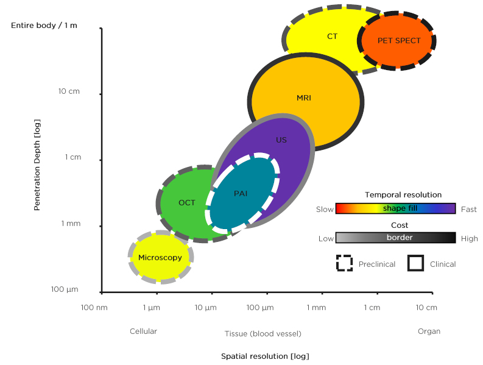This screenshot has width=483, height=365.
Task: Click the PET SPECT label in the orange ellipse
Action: pos(399,41)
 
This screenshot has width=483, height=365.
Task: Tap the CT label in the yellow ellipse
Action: pos(332,37)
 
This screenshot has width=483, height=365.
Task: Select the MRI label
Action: pos(303,97)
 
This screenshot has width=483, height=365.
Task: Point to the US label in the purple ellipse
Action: pos(281,140)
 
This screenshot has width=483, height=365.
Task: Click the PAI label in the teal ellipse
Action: pos(241,193)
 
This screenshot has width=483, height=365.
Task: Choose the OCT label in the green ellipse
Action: pos(187,203)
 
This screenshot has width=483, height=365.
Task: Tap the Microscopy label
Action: pos(160,258)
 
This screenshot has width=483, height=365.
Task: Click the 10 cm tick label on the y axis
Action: pos(69,92)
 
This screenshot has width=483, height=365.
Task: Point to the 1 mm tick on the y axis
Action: pos(71,224)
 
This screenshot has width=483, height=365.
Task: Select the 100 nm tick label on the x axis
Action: pos(94,308)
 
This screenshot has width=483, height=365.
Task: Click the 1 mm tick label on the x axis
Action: pos(316,308)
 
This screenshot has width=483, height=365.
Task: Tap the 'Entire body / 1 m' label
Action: pos(44,26)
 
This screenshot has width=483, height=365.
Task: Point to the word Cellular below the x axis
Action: pos(143,331)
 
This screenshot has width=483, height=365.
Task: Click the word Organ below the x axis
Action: pos(429,331)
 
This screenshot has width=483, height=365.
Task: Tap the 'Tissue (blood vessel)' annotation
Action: pos(263,334)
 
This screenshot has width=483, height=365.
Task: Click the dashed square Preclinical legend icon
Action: pos(345,263)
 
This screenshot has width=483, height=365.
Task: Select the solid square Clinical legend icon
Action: pos(416,263)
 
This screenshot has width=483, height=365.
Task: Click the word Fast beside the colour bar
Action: pos(469,210)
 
